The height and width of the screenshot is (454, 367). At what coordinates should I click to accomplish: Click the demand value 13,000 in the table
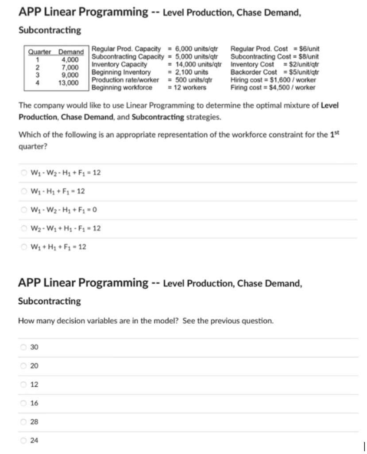pos(70,83)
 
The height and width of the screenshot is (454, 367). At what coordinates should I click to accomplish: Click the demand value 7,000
pos(70,67)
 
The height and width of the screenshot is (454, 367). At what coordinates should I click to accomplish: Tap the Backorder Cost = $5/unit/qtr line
pos(274,72)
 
